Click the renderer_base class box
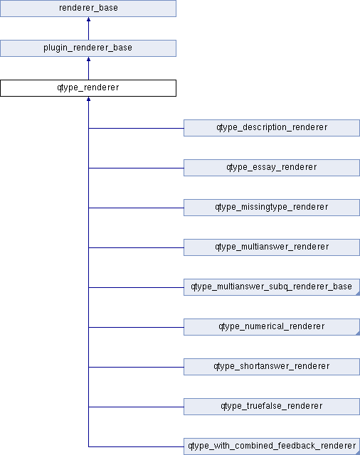[88, 9]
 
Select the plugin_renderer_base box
[88, 48]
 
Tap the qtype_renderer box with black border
[88, 88]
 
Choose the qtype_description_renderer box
[272, 128]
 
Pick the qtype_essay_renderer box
[272, 168]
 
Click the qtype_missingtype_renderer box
[272, 208]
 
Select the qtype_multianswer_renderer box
[272, 247]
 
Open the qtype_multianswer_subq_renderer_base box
[272, 287]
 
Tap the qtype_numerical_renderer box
[272, 327]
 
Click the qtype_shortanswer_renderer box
[272, 367]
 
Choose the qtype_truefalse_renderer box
[272, 407]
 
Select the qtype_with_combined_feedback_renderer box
[272, 446]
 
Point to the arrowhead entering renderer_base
[88, 19]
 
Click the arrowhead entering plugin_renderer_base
[88, 59]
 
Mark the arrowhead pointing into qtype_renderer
[88, 99]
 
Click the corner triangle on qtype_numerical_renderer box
[359, 333]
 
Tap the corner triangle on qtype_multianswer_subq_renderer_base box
[359, 294]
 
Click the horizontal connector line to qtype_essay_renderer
[136, 168]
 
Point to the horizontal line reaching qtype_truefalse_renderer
[136, 407]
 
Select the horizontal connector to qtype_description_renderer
[136, 128]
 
